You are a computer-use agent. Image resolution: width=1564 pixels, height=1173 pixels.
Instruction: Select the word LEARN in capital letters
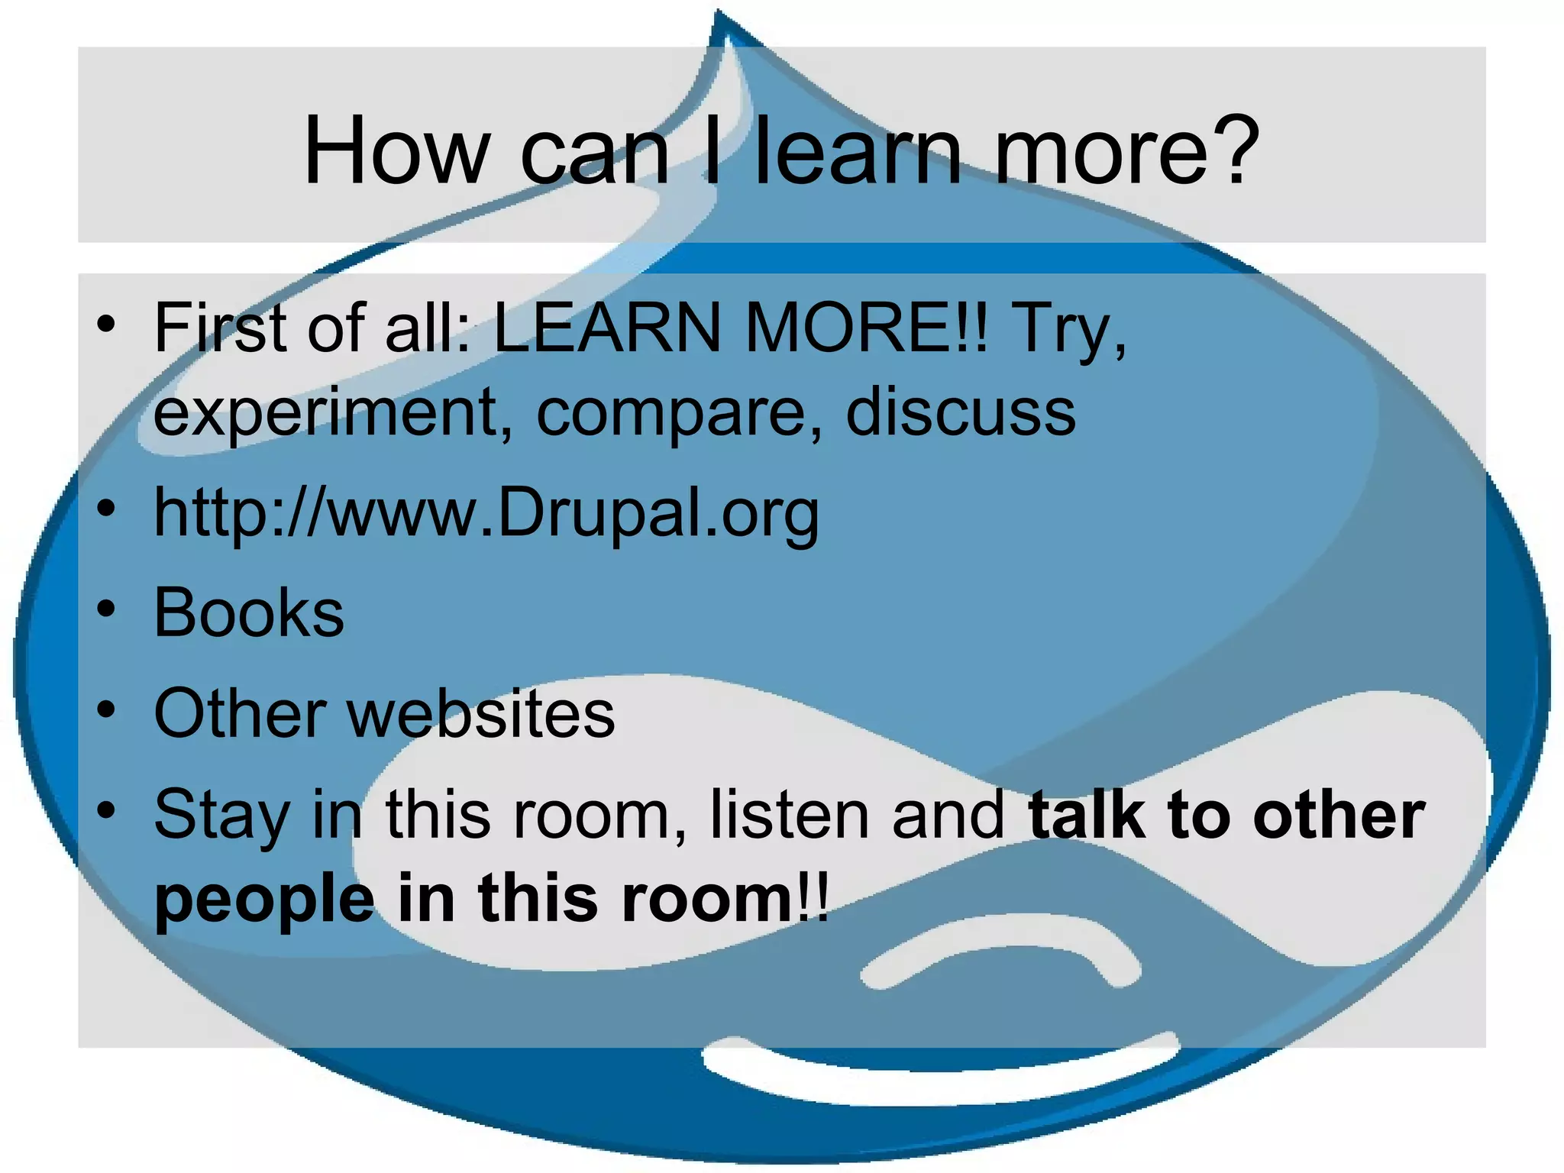607,328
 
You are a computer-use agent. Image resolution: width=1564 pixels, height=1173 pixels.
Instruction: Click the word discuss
961,412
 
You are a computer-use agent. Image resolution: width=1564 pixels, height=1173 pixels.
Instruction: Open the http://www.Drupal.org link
486,513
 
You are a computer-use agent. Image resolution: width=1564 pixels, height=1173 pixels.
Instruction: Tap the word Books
249,612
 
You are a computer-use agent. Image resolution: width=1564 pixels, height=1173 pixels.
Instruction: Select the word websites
481,713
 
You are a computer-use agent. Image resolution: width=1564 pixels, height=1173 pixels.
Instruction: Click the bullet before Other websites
106,710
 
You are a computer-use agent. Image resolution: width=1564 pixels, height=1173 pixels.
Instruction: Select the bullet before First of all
106,325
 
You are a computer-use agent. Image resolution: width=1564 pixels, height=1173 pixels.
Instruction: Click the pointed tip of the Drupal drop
719,14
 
